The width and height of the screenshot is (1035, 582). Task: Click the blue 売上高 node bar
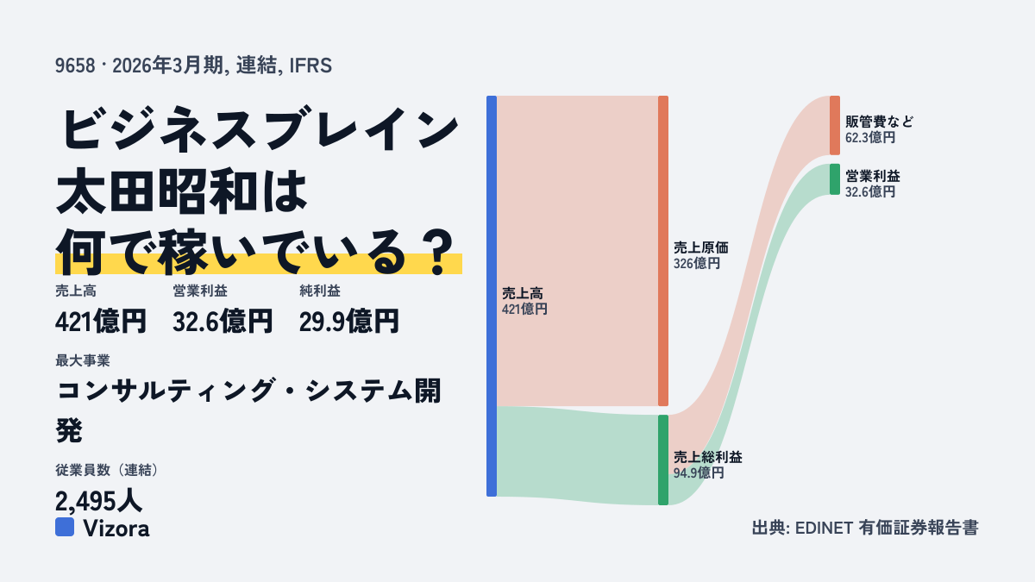coord(492,296)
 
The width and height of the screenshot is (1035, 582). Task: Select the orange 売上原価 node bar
coord(663,251)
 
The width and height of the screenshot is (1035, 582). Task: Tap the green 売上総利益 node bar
coord(663,460)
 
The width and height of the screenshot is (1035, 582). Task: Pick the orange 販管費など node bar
coord(835,125)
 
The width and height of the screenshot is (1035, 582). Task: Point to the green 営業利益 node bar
coord(835,179)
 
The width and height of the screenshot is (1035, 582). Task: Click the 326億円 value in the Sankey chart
coord(696,263)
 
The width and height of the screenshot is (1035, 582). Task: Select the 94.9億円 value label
coord(699,473)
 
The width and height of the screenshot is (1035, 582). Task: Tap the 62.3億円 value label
coord(870,137)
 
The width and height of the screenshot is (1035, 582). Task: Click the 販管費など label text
coord(880,122)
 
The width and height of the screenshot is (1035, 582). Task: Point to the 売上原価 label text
coord(701,247)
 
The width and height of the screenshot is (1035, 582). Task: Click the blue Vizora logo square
coord(65,527)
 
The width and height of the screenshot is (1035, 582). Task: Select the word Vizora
coord(116,529)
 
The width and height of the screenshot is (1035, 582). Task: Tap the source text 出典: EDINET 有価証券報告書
coord(865,528)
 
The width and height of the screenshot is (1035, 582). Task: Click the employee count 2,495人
coord(98,501)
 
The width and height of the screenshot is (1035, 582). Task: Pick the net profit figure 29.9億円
coord(348,322)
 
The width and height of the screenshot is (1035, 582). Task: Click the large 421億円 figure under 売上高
coord(101,322)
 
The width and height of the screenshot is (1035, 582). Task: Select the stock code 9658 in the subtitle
coord(75,66)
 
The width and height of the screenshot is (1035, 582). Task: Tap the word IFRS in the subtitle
coord(310,66)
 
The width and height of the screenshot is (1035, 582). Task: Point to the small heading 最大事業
coord(83,360)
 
